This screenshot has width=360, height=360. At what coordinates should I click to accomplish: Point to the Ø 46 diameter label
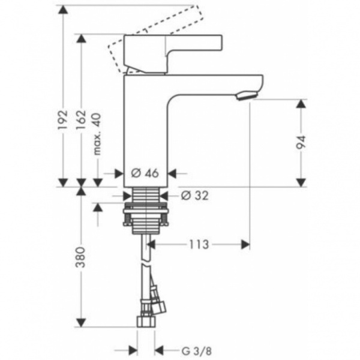click(x=144, y=173)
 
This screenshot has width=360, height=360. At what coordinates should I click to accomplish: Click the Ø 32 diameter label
click(x=193, y=195)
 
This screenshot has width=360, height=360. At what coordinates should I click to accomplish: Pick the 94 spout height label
click(x=302, y=142)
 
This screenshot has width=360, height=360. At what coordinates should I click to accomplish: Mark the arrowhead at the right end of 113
click(x=245, y=244)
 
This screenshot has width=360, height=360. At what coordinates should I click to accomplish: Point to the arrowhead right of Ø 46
click(x=172, y=173)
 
